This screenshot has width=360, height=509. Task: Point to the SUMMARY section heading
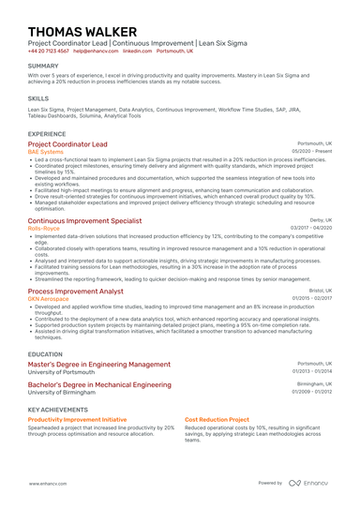click(43, 66)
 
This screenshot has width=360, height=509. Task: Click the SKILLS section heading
click(38, 97)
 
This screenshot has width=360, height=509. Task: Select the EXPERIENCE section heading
click(47, 134)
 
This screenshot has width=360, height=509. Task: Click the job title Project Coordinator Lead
click(67, 145)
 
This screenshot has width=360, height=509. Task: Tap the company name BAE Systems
click(47, 153)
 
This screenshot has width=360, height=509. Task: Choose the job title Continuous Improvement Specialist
click(84, 219)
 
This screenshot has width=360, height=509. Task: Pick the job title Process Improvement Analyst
click(76, 292)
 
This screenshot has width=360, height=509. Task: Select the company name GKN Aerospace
click(49, 299)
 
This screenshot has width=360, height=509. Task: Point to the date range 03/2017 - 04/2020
click(311, 228)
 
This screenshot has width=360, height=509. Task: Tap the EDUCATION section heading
click(45, 354)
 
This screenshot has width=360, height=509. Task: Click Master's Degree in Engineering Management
click(99, 364)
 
